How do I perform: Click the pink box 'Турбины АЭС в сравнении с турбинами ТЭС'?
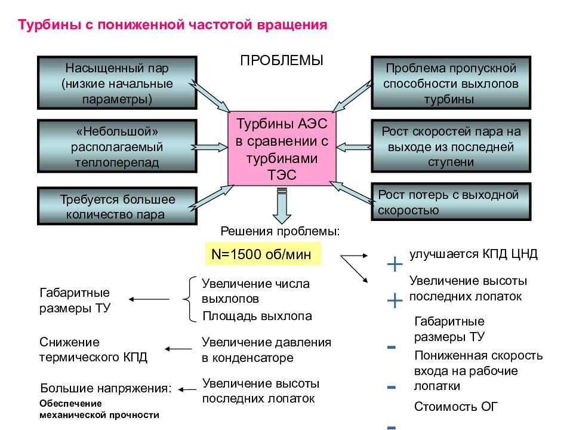pyautogui.click(x=282, y=149)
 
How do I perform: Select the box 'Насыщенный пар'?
pyautogui.click(x=118, y=83)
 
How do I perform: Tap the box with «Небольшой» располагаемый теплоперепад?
pyautogui.click(x=118, y=146)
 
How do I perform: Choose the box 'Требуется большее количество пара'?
pyautogui.click(x=118, y=206)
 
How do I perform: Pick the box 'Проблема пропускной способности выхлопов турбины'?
pyautogui.click(x=451, y=83)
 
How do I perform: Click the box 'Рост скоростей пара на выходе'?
pyautogui.click(x=451, y=146)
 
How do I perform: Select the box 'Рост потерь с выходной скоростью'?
pyautogui.click(x=451, y=202)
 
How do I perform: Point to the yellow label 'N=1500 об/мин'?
pyautogui.click(x=263, y=254)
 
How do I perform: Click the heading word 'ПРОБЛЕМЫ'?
pyautogui.click(x=282, y=60)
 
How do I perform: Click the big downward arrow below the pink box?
pyautogui.click(x=282, y=205)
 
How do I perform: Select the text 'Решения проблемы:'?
pyautogui.click(x=280, y=232)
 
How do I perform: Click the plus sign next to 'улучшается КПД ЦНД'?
pyautogui.click(x=395, y=264)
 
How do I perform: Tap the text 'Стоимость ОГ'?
pyautogui.click(x=455, y=406)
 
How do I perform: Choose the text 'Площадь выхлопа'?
pyautogui.click(x=257, y=316)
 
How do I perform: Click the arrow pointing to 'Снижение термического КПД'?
pyautogui.click(x=178, y=349)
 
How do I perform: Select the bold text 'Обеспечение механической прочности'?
pyautogui.click(x=100, y=409)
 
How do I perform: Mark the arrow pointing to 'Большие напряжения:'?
pyautogui.click(x=187, y=390)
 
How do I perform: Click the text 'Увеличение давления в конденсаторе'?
pyautogui.click(x=266, y=349)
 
